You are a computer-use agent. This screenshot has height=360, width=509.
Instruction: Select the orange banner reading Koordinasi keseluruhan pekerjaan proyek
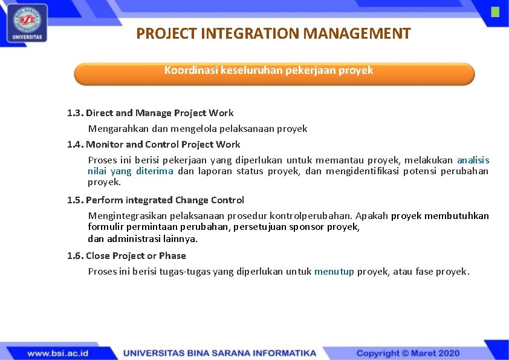pyautogui.click(x=274, y=73)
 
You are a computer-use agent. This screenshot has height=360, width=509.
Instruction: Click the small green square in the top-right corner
pyautogui.click(x=495, y=12)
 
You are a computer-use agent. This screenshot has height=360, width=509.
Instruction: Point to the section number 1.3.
pyautogui.click(x=75, y=113)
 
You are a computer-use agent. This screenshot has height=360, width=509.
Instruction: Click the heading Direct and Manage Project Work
pyautogui.click(x=160, y=113)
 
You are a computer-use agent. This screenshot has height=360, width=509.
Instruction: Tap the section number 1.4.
pyautogui.click(x=75, y=145)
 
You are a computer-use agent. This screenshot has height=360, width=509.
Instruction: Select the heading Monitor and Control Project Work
pyautogui.click(x=163, y=145)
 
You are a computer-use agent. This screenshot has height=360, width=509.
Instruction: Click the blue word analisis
pyautogui.click(x=473, y=160)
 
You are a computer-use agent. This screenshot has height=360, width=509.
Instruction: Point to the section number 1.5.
pyautogui.click(x=75, y=200)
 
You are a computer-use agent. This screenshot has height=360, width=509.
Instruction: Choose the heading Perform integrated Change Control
pyautogui.click(x=165, y=200)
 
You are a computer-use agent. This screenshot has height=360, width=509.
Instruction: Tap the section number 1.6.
pyautogui.click(x=75, y=256)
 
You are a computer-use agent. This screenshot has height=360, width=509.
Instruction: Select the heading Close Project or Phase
pyautogui.click(x=136, y=256)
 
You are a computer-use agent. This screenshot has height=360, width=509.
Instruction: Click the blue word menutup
pyautogui.click(x=334, y=272)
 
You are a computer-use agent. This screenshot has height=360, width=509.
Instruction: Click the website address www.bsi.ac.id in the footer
pyautogui.click(x=58, y=353)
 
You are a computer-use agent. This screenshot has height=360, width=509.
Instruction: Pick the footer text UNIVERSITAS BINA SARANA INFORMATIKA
pyautogui.click(x=219, y=353)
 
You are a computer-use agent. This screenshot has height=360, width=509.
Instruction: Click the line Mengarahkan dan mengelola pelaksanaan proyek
pyautogui.click(x=198, y=129)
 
